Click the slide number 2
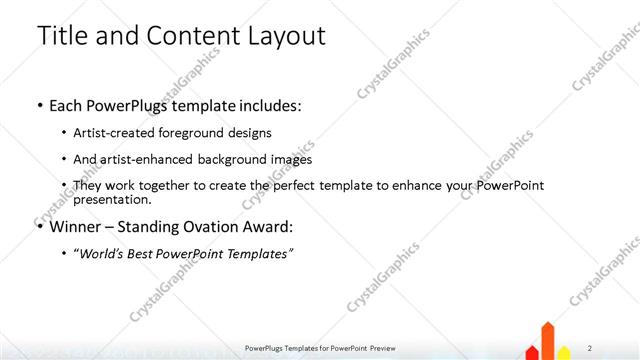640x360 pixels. tap(590, 347)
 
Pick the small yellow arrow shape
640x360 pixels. tap(564, 352)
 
